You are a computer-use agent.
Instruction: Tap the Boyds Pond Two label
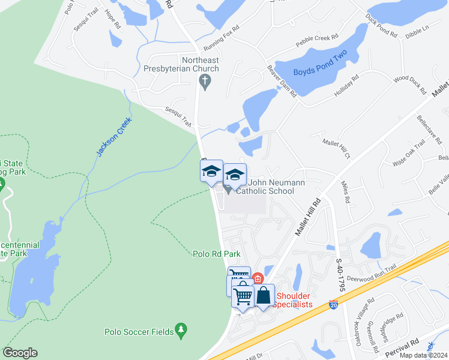pos(321,73)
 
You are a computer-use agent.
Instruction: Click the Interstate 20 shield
pos(334,305)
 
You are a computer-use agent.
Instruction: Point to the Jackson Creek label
pos(114,138)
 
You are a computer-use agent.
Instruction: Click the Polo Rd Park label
pos(217,254)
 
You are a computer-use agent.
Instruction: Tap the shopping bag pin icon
pos(264,295)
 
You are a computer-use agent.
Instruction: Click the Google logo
pos(20,353)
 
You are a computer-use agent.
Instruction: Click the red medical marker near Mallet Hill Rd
pos(258,278)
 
